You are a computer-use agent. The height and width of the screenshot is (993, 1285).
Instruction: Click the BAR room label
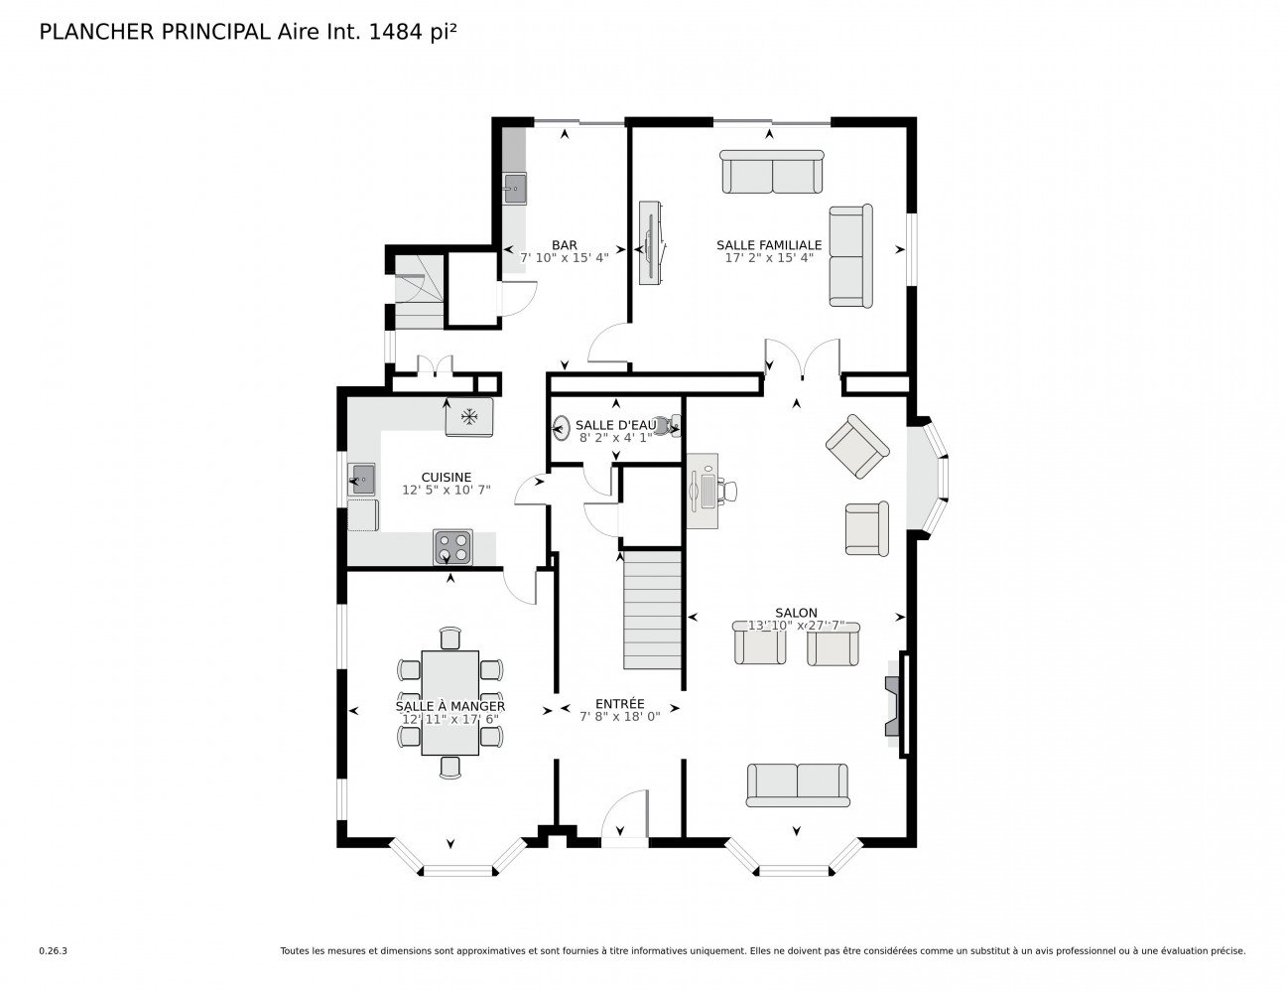(565, 245)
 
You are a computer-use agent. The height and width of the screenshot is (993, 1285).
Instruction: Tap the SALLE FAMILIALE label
(769, 245)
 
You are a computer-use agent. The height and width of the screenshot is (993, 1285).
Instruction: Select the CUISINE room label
(446, 477)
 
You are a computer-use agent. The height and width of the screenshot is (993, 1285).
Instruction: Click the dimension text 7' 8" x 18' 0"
(620, 717)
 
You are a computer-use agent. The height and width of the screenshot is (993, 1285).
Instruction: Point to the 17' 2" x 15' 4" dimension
(769, 257)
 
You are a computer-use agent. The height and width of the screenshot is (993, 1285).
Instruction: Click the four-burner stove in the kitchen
(452, 547)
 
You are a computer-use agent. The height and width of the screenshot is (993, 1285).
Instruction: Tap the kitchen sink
(361, 479)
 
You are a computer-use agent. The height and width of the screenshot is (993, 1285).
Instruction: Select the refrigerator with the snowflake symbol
(469, 417)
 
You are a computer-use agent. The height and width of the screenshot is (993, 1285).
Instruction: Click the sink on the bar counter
(514, 189)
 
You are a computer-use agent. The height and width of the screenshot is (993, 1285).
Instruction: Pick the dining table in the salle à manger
(450, 703)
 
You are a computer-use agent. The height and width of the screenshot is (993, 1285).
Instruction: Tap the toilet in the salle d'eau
(671, 426)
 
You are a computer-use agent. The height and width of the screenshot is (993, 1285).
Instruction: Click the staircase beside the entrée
(652, 610)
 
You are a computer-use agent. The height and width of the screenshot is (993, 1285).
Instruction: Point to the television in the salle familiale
(651, 242)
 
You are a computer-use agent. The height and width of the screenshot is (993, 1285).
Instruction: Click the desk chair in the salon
(728, 491)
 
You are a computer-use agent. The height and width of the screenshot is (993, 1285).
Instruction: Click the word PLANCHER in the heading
(96, 32)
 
